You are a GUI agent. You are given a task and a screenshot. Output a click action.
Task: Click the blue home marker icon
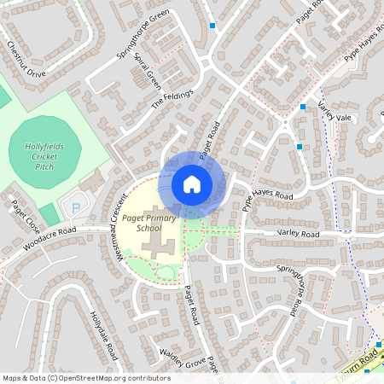[x=192, y=184]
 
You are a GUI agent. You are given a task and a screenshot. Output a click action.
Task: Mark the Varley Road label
[x=298, y=234]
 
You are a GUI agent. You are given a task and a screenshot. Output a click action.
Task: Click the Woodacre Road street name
[x=49, y=236]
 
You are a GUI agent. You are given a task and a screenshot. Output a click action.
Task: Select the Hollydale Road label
[x=100, y=328]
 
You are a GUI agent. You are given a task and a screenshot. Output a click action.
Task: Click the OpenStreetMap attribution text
[x=86, y=378]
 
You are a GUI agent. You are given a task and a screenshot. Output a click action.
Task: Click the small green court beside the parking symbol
[x=49, y=214]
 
